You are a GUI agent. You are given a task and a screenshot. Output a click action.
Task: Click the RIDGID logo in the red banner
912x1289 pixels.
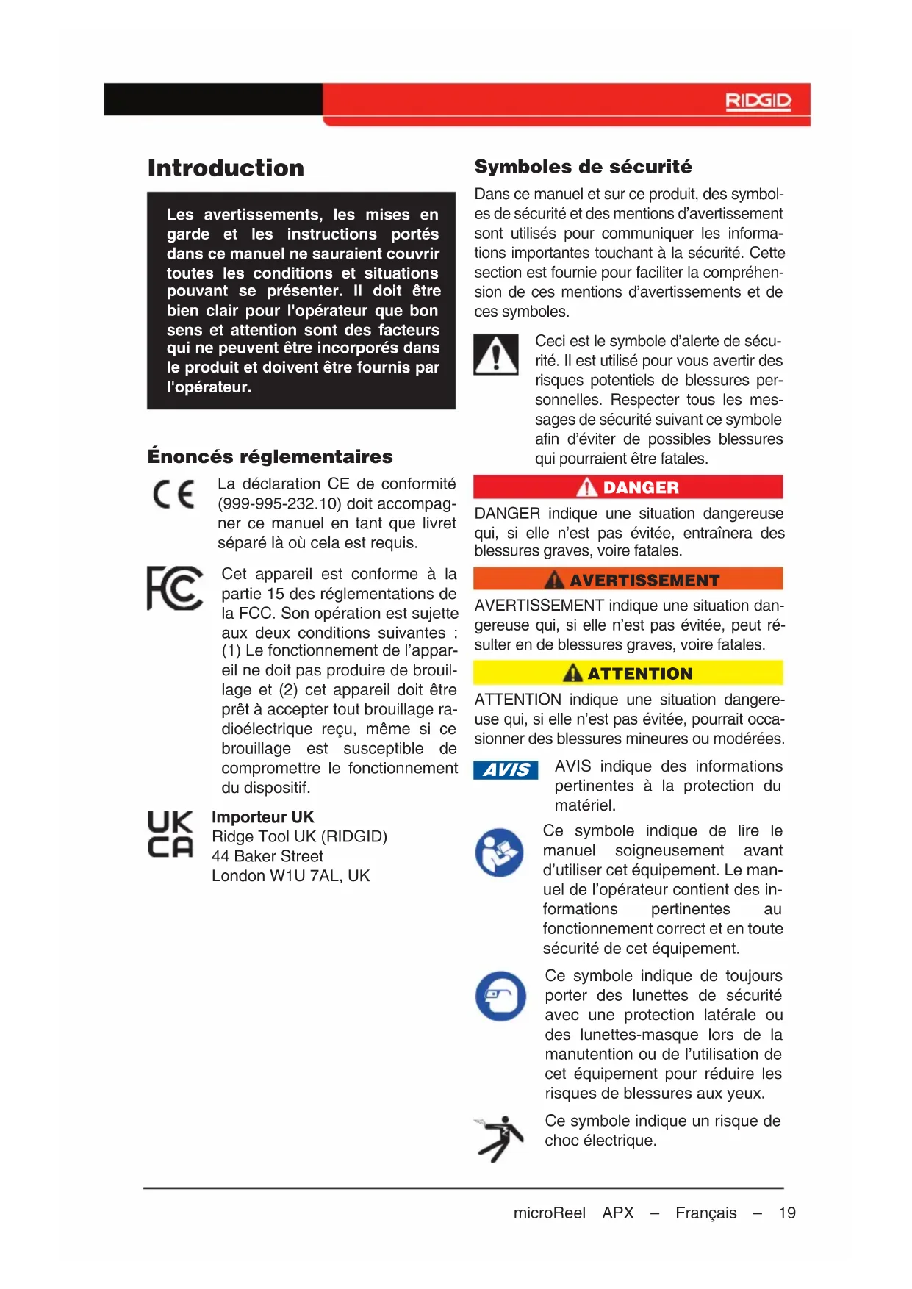coord(758,101)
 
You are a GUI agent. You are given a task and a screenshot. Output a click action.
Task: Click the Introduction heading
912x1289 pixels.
coord(226,168)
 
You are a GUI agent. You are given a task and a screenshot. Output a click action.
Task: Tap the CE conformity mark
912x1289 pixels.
coord(174,495)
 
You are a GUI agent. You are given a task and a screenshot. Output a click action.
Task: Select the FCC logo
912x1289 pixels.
coord(175,589)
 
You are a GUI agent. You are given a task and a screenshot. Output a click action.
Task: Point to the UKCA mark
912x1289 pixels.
coord(170,835)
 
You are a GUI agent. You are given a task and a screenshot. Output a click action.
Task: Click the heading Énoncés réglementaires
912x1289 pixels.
coord(270,456)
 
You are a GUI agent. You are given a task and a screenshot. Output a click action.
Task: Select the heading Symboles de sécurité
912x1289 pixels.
coord(583,167)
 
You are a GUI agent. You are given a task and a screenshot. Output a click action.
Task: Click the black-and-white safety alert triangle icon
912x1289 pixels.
coord(496,355)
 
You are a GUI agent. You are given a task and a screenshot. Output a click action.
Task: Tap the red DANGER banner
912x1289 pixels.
coord(628,487)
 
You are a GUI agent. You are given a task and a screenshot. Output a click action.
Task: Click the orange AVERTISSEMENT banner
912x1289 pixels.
coord(628,580)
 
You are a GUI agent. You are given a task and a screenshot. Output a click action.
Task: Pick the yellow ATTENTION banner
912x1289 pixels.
coord(628,673)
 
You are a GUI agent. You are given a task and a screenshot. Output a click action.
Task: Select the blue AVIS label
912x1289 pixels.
coord(506,769)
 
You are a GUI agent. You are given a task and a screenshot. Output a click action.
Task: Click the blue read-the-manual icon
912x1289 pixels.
coord(499,852)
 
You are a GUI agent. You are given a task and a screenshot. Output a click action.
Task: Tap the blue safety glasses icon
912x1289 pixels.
coord(500,997)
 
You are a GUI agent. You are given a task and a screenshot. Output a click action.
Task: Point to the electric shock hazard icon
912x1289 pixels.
coord(500,1138)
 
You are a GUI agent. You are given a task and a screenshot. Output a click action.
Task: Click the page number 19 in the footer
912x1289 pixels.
coord(787,1213)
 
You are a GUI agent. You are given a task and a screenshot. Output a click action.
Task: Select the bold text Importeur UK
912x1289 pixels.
coord(262,817)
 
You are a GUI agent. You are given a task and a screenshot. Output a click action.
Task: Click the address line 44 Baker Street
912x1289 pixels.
coord(268,856)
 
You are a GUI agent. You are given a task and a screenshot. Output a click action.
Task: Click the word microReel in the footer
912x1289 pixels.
coord(549,1213)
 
